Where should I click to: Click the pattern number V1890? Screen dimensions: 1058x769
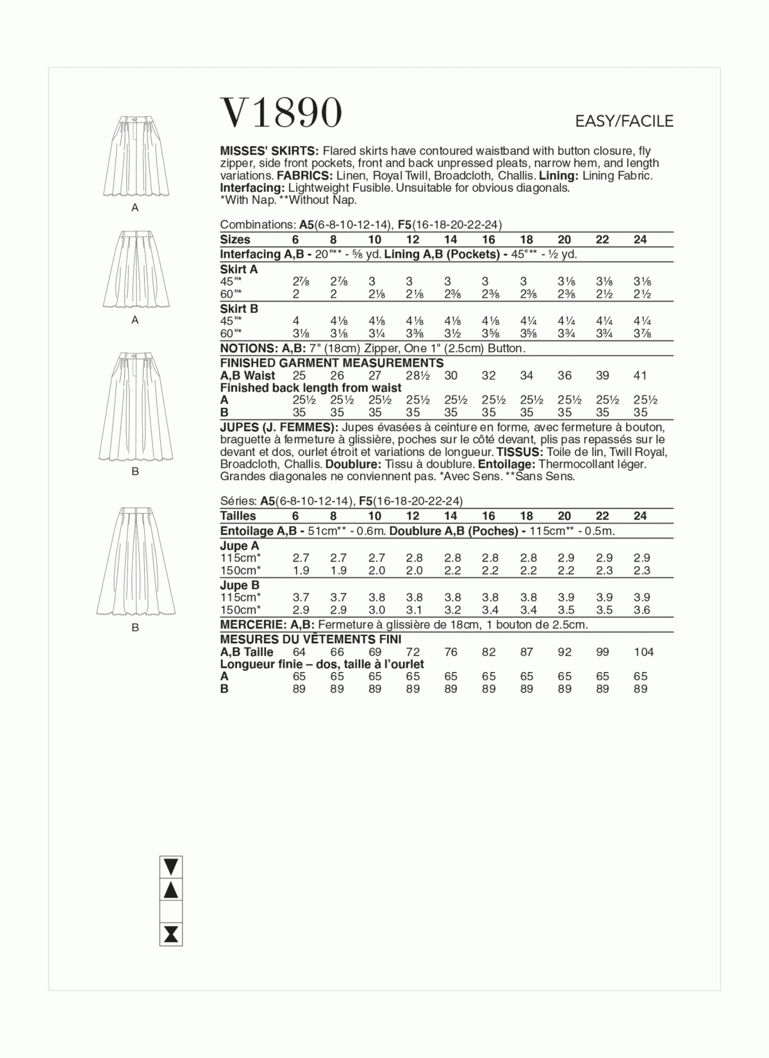pyautogui.click(x=281, y=113)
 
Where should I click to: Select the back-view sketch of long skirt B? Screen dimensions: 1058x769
pyautogui.click(x=135, y=560)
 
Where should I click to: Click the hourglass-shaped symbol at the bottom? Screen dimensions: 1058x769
pyautogui.click(x=171, y=934)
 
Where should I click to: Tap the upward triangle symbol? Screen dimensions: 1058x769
pyautogui.click(x=171, y=889)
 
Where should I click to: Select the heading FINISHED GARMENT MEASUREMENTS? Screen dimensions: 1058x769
pyautogui.click(x=331, y=363)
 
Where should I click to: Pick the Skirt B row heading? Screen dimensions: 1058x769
pyautogui.click(x=239, y=308)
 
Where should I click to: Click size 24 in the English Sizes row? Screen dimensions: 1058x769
pyautogui.click(x=640, y=240)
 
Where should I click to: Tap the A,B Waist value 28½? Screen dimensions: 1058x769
pyautogui.click(x=413, y=376)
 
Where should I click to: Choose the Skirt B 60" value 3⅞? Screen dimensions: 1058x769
pyautogui.click(x=640, y=333)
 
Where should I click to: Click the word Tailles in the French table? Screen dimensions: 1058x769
pyautogui.click(x=238, y=516)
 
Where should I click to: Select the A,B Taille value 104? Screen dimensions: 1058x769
pyautogui.click(x=643, y=652)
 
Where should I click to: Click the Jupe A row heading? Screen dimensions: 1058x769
pyautogui.click(x=239, y=546)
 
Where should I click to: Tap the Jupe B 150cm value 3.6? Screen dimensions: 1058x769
pyautogui.click(x=641, y=610)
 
